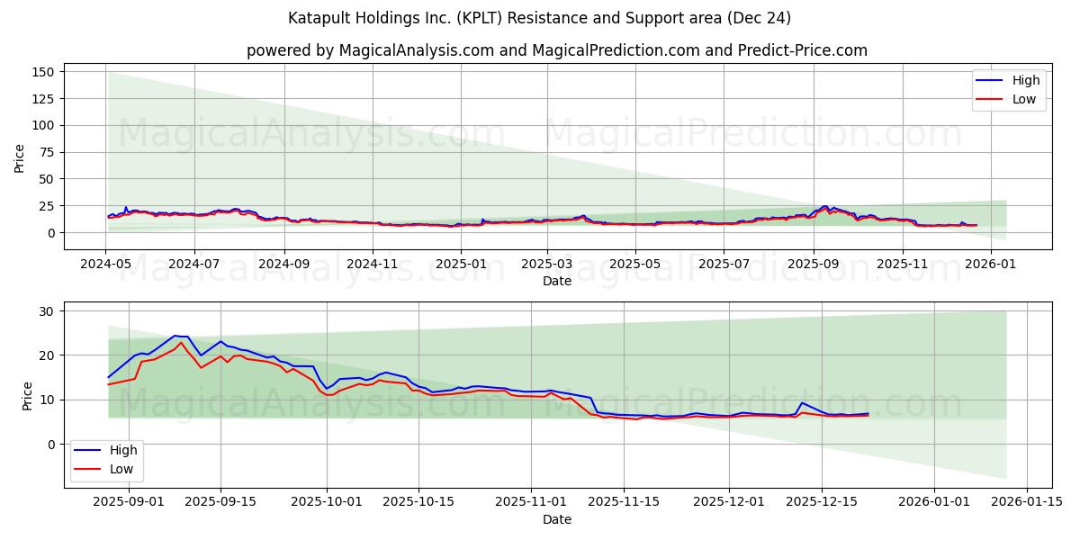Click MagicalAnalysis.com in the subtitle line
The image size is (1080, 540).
click(416, 50)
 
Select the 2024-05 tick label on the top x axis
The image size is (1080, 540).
click(106, 264)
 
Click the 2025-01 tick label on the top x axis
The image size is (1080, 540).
click(461, 264)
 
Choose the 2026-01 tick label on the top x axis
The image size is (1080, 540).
click(991, 264)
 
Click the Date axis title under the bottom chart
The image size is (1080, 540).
click(556, 519)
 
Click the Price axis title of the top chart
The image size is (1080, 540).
click(20, 158)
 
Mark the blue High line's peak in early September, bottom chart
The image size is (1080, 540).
click(175, 336)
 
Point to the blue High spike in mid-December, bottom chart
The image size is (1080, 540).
click(802, 403)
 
